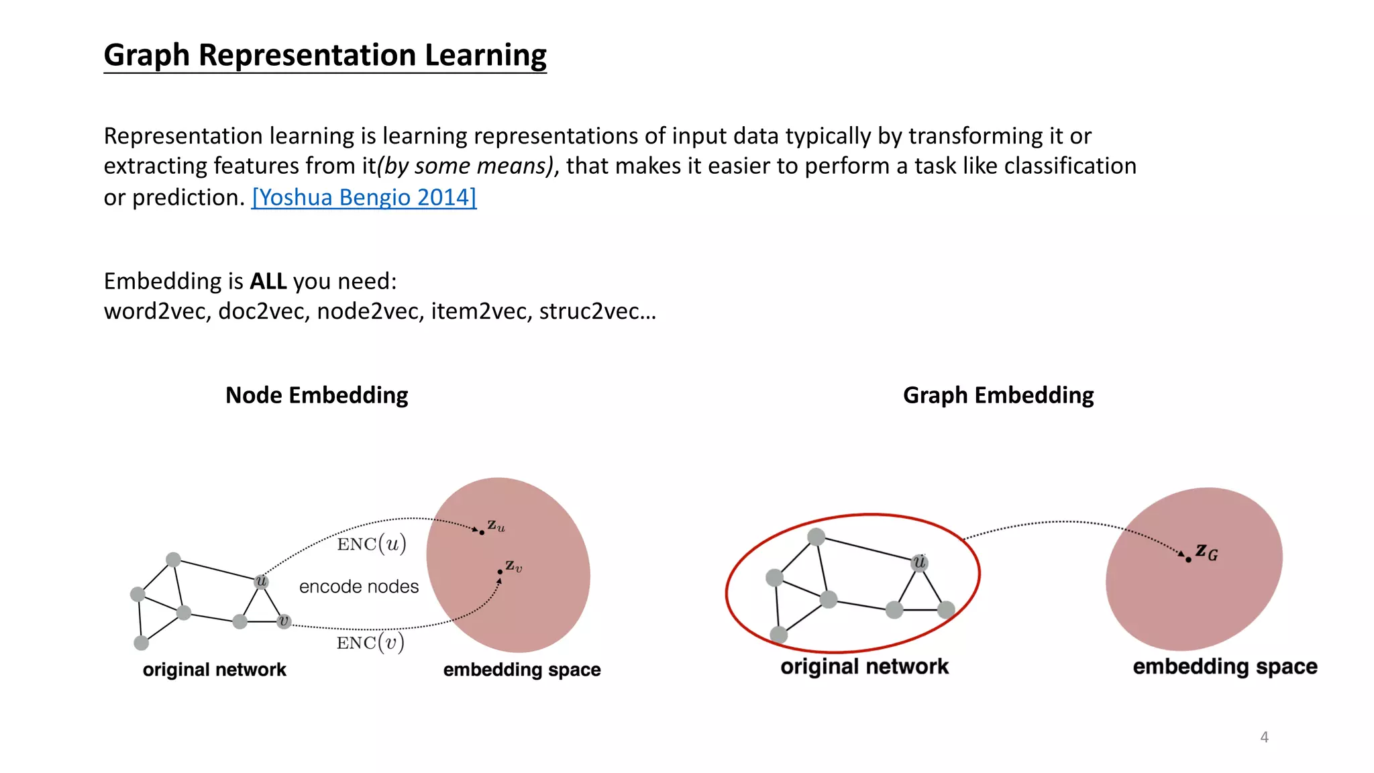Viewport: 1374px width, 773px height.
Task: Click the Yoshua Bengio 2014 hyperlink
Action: coord(364,197)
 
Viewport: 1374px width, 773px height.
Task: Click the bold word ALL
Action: coord(268,281)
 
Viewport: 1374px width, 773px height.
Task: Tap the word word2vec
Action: coord(157,311)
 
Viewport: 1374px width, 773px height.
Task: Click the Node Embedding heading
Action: coord(316,395)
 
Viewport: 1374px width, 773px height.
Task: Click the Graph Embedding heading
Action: coord(998,395)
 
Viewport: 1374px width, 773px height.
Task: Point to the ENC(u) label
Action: coord(372,544)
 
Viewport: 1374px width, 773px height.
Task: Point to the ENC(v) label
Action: coord(370,643)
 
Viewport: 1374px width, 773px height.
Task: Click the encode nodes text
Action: coord(358,586)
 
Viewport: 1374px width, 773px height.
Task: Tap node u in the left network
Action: coord(262,581)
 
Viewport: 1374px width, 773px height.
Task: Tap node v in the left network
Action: coord(284,621)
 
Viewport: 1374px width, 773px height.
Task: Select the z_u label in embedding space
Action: coord(496,525)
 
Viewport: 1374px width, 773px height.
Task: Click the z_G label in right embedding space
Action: coord(1206,553)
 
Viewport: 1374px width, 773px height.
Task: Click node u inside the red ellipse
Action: coord(920,562)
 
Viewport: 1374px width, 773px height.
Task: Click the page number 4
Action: coord(1264,737)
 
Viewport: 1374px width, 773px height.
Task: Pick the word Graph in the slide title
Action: coord(147,55)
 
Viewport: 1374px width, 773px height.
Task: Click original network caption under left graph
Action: coord(214,670)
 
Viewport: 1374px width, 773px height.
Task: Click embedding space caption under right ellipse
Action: coord(1224,667)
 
